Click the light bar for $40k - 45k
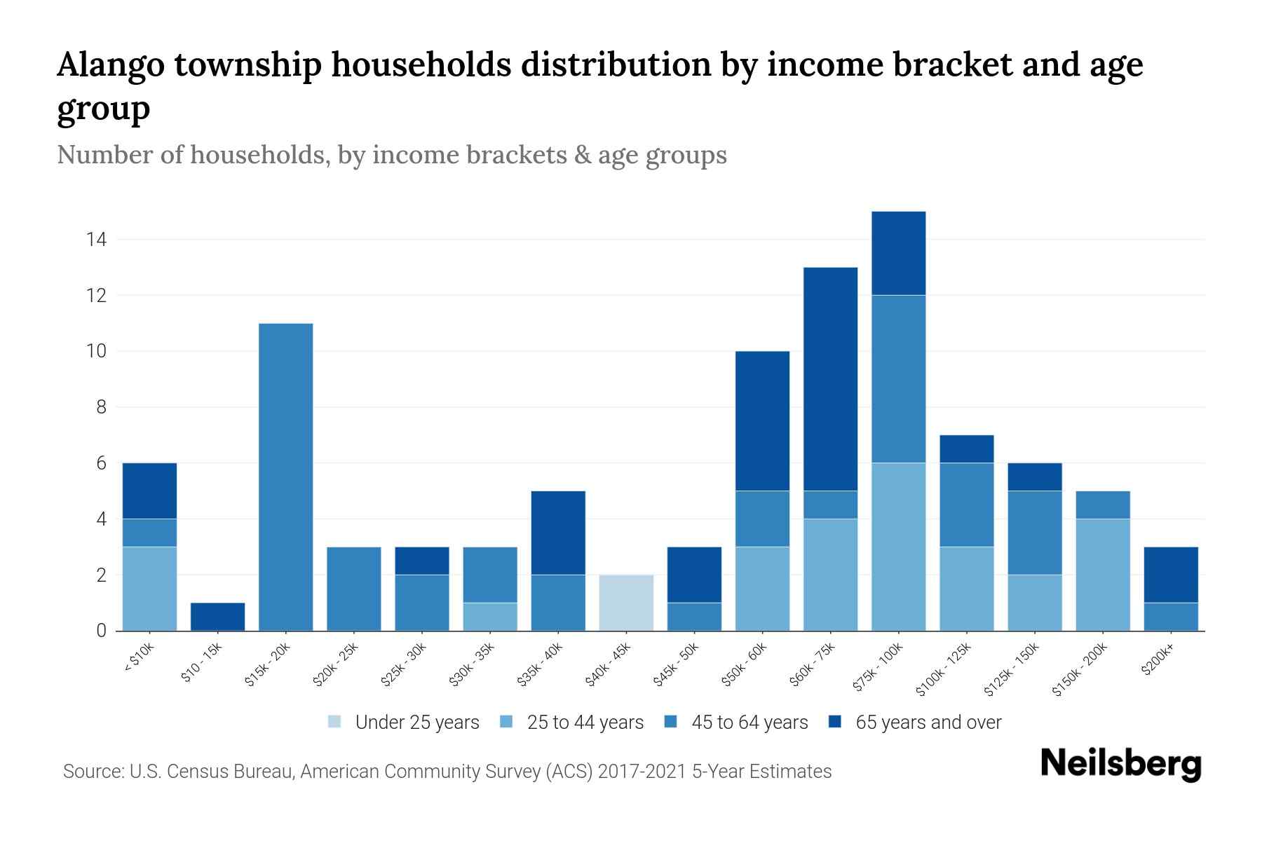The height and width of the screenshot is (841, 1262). click(626, 603)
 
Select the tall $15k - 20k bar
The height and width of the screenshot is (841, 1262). click(285, 477)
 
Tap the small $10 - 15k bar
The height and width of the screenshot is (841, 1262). click(217, 617)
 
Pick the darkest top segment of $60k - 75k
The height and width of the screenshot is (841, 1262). click(830, 378)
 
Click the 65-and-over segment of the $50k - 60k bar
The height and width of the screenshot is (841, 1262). click(762, 420)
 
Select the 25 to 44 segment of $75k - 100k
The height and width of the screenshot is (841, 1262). click(898, 547)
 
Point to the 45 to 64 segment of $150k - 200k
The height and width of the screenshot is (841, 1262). click(1103, 505)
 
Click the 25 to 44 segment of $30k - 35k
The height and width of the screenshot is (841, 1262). click(490, 617)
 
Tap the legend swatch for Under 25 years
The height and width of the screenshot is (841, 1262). click(334, 722)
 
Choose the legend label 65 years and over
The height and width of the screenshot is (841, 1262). click(928, 723)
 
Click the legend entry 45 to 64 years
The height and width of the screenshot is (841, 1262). click(749, 723)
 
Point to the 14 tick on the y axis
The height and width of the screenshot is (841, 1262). click(96, 240)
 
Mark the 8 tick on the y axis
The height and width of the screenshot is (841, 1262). click(102, 407)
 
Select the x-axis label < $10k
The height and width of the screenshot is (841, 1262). click(139, 658)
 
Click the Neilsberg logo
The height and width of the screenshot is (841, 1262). click(1120, 763)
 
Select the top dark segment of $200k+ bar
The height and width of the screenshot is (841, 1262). click(1171, 575)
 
